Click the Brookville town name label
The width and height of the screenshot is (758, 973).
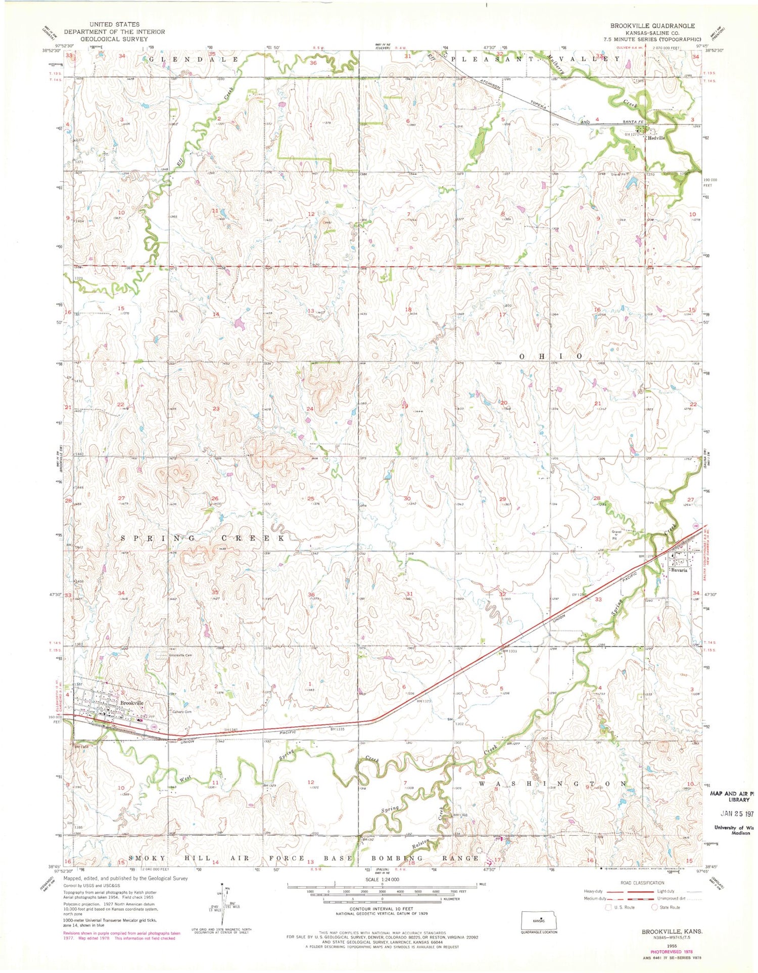132,703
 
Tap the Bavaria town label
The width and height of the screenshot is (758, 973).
680,570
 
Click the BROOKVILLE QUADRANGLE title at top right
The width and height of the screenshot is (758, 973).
652,26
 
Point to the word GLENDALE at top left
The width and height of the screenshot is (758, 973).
194,60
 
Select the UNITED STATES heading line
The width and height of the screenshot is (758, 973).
114,24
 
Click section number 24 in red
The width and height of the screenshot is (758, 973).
310,408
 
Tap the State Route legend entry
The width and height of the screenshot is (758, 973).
666,907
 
